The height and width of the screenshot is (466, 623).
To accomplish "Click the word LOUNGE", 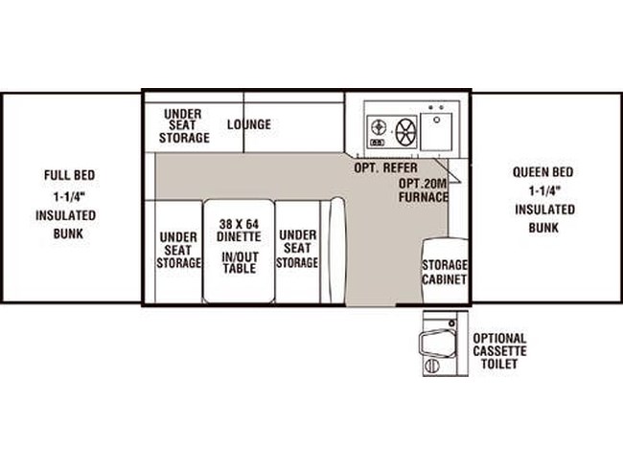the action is coord(249,124).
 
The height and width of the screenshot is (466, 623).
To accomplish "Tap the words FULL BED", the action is coord(70,175).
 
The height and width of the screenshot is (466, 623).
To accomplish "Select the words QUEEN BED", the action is coord(542,172).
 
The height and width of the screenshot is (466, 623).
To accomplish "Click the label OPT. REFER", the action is coord(386,167).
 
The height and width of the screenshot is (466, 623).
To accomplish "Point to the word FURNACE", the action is coord(424,197).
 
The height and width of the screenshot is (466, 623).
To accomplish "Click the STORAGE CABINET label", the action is coord(444,272).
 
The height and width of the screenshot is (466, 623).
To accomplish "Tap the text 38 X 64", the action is coord(239,224).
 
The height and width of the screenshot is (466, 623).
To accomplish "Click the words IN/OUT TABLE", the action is coord(240,262).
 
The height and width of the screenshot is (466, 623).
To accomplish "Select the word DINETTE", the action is coord(239,236).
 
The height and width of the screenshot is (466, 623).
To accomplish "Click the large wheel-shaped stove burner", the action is coord(405,131).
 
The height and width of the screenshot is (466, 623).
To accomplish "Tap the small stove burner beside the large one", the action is coord(379,127).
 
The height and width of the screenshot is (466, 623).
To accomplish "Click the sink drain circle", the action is coord(437,120).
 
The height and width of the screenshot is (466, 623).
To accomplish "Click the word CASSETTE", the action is coord(499,351).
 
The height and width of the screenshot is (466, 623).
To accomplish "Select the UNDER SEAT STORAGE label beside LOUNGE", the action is coord(184,125).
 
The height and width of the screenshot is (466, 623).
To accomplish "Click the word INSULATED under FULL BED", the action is coord(65,215).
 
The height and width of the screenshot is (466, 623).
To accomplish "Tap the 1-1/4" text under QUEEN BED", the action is coord(544,191).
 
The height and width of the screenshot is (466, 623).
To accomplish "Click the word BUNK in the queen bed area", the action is coord(543,228).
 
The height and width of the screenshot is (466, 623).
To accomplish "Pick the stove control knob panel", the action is coord(377,143).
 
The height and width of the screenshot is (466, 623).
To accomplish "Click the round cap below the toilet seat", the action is coord(432,366).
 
